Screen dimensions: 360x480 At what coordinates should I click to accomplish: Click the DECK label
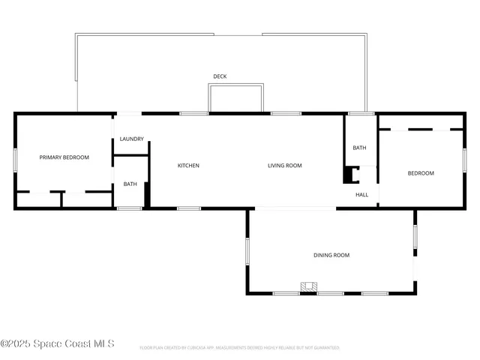(220, 76)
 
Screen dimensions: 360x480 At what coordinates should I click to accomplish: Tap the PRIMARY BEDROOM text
(64, 157)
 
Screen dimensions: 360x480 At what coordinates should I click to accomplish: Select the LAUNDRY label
(131, 139)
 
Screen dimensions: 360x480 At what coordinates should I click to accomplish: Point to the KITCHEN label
(188, 166)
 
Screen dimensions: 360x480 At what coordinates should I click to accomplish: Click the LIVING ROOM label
(285, 166)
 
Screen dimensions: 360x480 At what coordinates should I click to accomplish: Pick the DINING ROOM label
(331, 256)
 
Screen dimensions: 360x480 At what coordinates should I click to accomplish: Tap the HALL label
(362, 195)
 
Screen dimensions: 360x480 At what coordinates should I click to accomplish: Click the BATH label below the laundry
(130, 184)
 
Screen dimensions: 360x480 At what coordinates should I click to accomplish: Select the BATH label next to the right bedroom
(360, 148)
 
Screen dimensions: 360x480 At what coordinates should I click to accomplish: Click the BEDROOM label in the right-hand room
(421, 173)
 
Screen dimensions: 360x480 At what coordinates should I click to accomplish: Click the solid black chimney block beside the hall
(349, 175)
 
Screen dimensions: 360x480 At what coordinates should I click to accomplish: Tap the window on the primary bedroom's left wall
(15, 160)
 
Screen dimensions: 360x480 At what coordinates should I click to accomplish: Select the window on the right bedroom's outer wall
(465, 159)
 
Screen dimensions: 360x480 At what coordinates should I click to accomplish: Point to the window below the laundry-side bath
(130, 208)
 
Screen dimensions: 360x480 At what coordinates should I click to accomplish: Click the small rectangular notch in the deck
(235, 98)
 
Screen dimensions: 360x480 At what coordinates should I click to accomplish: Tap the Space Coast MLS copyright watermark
(57, 343)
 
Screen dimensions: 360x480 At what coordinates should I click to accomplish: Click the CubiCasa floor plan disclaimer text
(240, 348)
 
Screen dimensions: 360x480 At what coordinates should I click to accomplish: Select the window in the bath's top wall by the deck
(361, 113)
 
